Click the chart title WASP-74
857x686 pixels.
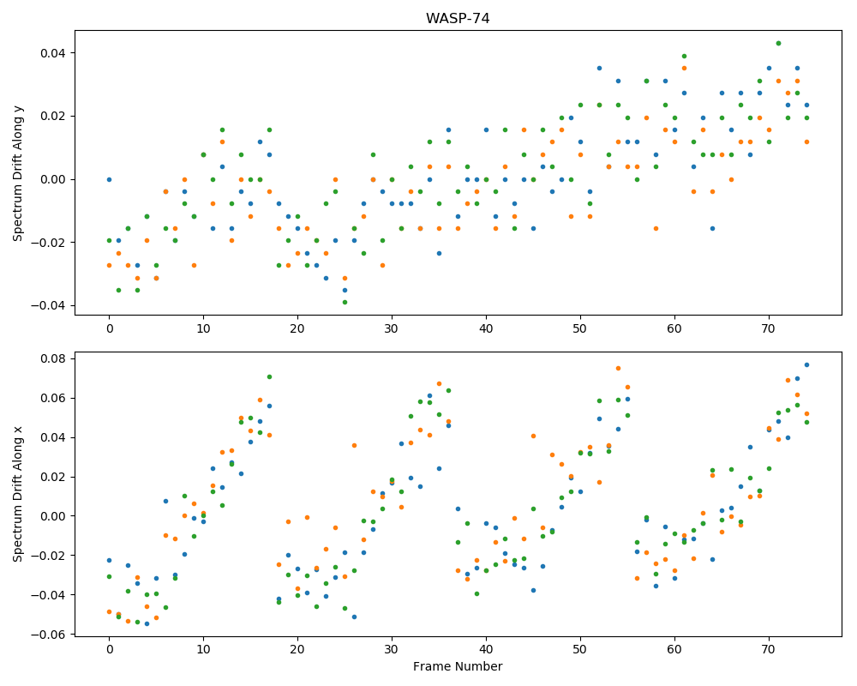pyautogui.click(x=458, y=18)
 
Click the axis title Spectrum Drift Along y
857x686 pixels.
pyautogui.click(x=18, y=173)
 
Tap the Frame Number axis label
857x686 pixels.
pyautogui.click(x=458, y=666)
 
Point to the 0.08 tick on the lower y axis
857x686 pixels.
pyautogui.click(x=54, y=359)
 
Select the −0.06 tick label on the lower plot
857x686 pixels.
pyautogui.click(x=51, y=635)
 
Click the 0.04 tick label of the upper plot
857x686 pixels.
pyautogui.click(x=54, y=53)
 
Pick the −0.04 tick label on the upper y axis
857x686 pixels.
pyautogui.click(x=51, y=305)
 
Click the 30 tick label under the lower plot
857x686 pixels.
pyautogui.click(x=392, y=650)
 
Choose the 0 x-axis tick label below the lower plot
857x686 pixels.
pyautogui.click(x=110, y=650)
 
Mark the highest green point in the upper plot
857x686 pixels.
pyautogui.click(x=778, y=43)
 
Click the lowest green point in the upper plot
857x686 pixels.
pyautogui.click(x=345, y=302)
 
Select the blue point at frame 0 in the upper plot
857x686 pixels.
pyautogui.click(x=110, y=179)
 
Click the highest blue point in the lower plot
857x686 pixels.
pyautogui.click(x=806, y=365)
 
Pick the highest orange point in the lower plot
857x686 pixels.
pyautogui.click(x=618, y=368)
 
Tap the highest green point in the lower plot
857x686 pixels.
pyautogui.click(x=269, y=377)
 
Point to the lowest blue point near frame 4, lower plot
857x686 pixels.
pyautogui.click(x=147, y=623)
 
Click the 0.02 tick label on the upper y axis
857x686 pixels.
pyautogui.click(x=54, y=116)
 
